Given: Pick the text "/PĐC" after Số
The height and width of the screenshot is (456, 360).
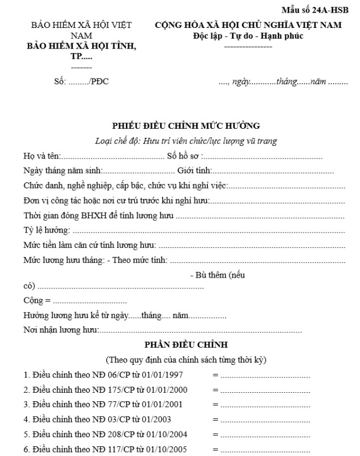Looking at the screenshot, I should pyautogui.click(x=99, y=82).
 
